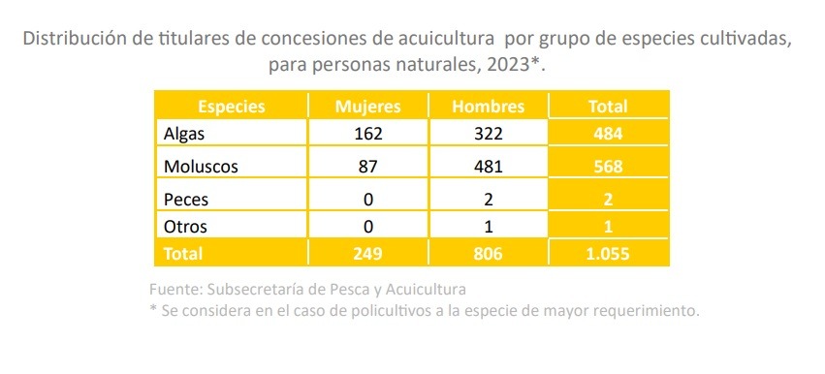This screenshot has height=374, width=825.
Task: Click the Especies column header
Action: [232, 107]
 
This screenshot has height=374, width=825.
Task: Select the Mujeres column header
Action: [368, 107]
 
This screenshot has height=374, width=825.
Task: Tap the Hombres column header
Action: [489, 107]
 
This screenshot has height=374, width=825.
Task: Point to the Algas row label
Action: [183, 134]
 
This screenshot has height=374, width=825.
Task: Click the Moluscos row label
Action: [201, 167]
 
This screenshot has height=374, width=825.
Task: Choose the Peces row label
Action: [186, 200]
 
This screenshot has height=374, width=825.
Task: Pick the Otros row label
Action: [185, 227]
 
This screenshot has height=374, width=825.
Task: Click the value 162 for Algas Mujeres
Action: [368, 134]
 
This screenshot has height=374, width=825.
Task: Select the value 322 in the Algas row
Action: [489, 134]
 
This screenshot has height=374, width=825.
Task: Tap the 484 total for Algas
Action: [609, 134]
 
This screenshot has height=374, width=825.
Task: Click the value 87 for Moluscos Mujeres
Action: [368, 167]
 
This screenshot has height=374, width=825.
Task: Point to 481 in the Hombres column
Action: [489, 167]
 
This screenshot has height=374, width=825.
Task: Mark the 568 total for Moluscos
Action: [609, 167]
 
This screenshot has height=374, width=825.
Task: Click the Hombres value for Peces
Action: [489, 200]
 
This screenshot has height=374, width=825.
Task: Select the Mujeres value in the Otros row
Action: [368, 227]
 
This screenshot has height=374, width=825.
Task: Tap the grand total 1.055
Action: [609, 254]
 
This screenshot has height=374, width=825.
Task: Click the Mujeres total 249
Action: [368, 254]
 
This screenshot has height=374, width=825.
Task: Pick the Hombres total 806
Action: [489, 254]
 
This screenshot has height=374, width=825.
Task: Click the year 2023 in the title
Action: [508, 66]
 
